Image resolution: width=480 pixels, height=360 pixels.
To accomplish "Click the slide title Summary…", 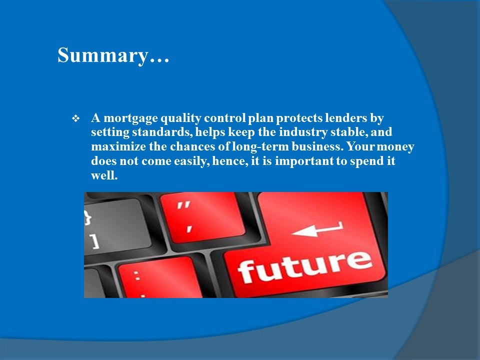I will tap(113, 55).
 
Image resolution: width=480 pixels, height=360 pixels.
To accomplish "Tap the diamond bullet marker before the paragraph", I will tap(75, 119).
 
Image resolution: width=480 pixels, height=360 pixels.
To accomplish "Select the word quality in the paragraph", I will tap(180, 119).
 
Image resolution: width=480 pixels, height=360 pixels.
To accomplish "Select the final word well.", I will tap(104, 176).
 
